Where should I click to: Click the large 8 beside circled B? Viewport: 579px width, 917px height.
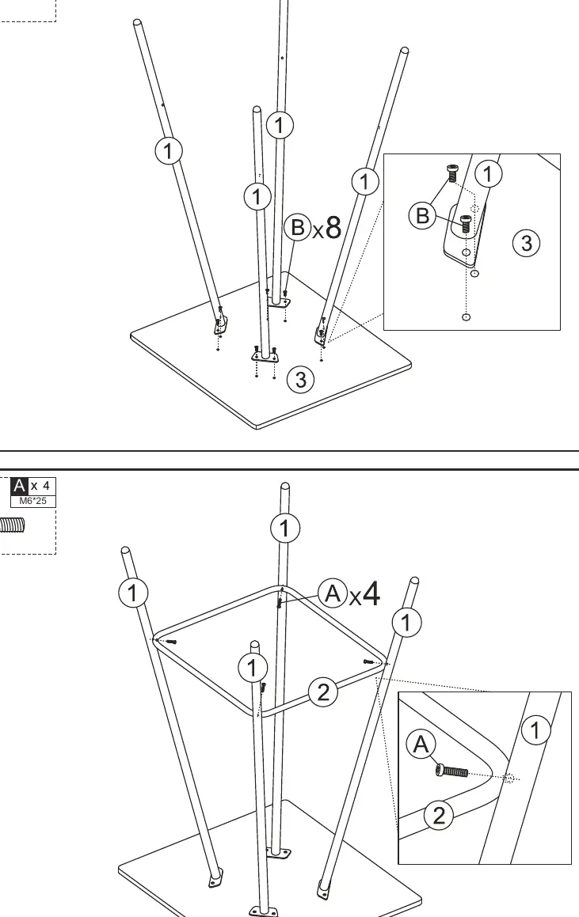pyautogui.click(x=333, y=228)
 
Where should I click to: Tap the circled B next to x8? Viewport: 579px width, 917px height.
pyautogui.click(x=297, y=227)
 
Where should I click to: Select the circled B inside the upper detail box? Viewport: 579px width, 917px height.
pyautogui.click(x=422, y=216)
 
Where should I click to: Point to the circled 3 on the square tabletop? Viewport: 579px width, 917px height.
pyautogui.click(x=300, y=380)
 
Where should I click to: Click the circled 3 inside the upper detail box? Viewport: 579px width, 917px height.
pyautogui.click(x=526, y=243)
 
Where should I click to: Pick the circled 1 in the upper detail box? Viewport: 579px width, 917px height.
pyautogui.click(x=488, y=174)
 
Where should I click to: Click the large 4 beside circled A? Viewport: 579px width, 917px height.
pyautogui.click(x=371, y=593)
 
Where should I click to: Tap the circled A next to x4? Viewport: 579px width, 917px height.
pyautogui.click(x=333, y=593)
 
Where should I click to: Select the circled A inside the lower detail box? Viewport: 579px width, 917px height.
pyautogui.click(x=421, y=745)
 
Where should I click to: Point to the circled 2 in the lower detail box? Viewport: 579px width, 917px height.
pyautogui.click(x=439, y=815)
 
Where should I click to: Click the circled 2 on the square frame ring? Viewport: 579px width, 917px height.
pyautogui.click(x=323, y=692)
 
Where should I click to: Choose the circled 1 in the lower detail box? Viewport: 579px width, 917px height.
pyautogui.click(x=535, y=730)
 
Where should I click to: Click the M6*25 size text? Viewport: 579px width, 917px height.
pyautogui.click(x=32, y=501)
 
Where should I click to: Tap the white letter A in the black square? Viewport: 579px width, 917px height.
pyautogui.click(x=19, y=486)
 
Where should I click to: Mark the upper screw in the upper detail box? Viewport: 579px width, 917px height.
pyautogui.click(x=452, y=174)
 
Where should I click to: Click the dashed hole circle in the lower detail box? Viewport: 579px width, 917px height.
pyautogui.click(x=509, y=779)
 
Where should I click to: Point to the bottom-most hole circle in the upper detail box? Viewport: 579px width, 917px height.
pyautogui.click(x=466, y=317)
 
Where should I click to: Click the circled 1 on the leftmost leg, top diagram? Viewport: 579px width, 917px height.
pyautogui.click(x=168, y=151)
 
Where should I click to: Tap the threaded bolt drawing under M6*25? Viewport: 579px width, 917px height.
pyautogui.click(x=13, y=525)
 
